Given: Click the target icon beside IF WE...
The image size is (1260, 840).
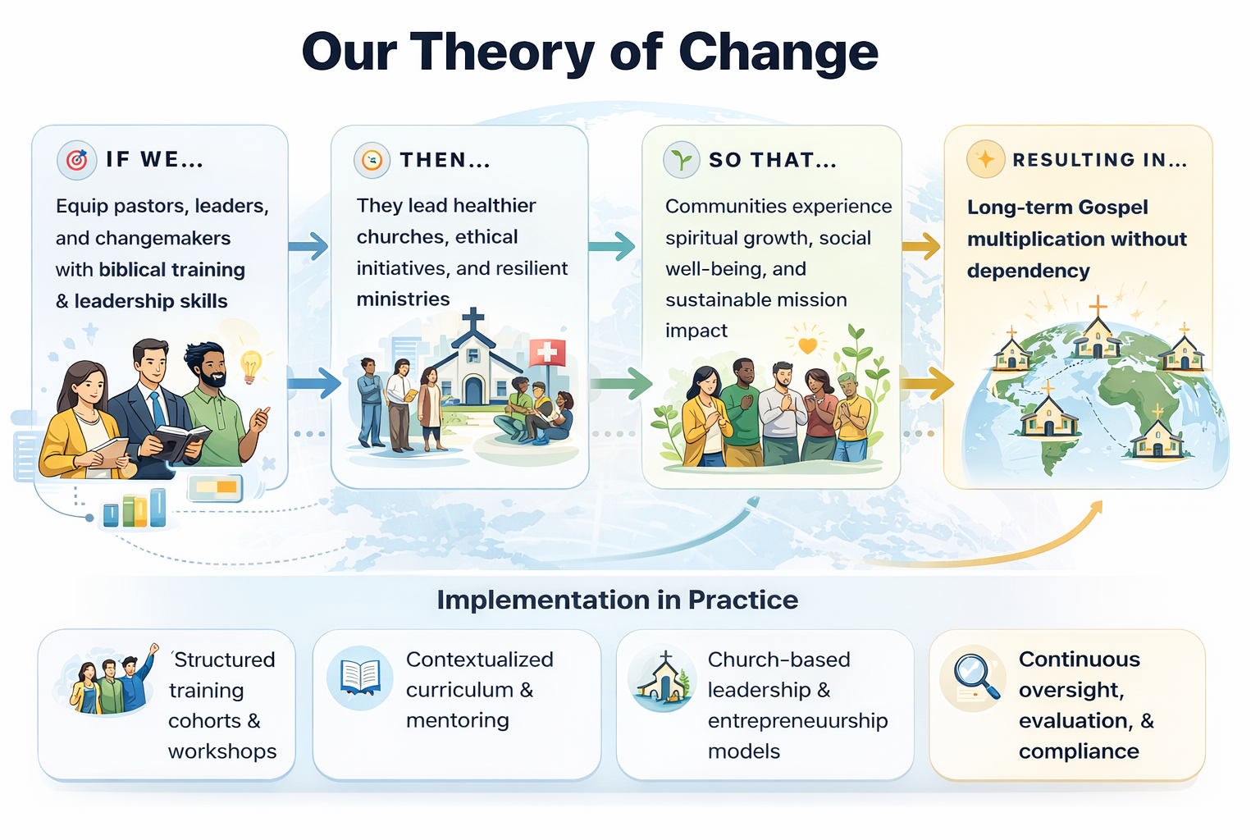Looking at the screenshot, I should pyautogui.click(x=76, y=160).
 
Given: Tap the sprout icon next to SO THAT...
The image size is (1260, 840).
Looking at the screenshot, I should pyautogui.click(x=682, y=159).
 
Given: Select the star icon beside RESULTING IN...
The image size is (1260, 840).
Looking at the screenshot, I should pyautogui.click(x=986, y=159).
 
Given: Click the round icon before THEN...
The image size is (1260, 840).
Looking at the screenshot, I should pyautogui.click(x=372, y=160).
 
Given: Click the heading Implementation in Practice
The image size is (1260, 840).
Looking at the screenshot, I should pyautogui.click(x=617, y=600).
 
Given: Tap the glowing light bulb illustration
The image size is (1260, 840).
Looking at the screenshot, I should pyautogui.click(x=251, y=364).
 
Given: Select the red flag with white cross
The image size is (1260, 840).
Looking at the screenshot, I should pyautogui.click(x=547, y=353).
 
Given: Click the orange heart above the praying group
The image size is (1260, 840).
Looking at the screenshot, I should pyautogui.click(x=808, y=345).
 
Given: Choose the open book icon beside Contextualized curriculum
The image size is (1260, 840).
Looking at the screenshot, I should pyautogui.click(x=360, y=678).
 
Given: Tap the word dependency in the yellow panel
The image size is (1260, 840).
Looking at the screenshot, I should pyautogui.click(x=1028, y=271).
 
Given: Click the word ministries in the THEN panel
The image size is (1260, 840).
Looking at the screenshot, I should pyautogui.click(x=403, y=299).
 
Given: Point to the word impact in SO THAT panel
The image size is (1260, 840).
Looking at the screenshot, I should pyautogui.click(x=696, y=331).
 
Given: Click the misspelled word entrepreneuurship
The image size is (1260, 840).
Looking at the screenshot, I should pyautogui.click(x=797, y=720).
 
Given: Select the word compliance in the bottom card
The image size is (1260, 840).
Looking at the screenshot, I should pyautogui.click(x=1078, y=751).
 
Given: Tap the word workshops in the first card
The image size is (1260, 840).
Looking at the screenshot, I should pyautogui.click(x=222, y=751).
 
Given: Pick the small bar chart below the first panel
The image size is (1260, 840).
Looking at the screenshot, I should pyautogui.click(x=135, y=509).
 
